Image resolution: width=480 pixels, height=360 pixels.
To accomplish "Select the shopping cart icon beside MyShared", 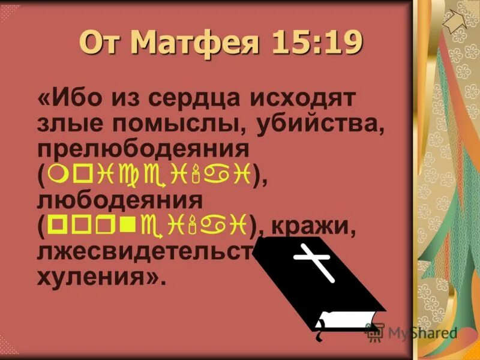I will point(375,332).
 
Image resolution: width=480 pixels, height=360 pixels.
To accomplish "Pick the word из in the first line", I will point(119,98).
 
